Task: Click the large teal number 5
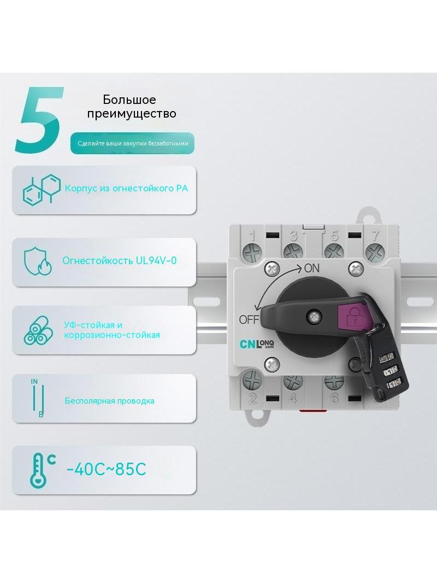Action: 39,120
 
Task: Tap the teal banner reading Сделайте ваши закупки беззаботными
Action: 133,143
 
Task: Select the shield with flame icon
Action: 38,261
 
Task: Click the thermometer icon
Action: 42,470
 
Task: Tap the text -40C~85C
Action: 106,469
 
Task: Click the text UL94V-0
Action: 156,260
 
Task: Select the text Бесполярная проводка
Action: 110,401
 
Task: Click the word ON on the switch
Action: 311,268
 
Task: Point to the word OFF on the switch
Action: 249,319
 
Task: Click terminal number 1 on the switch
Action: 252,236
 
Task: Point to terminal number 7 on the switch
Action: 376,235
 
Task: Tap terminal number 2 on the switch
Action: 253,398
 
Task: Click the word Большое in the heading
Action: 129,100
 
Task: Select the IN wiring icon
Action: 38,398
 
